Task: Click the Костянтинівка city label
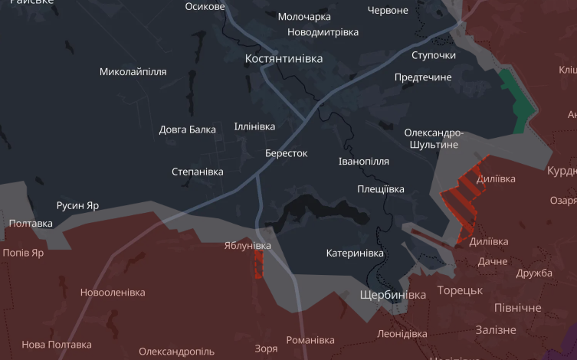(x=284, y=58)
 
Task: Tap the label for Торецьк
(x=460, y=290)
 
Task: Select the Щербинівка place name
(x=392, y=295)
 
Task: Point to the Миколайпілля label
(x=133, y=72)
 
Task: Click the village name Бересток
(x=286, y=153)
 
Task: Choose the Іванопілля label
(x=363, y=162)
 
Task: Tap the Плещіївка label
(x=380, y=188)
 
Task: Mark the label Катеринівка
(x=354, y=253)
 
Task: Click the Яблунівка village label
(x=248, y=245)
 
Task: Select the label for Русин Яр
(x=77, y=205)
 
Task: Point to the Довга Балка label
(x=187, y=129)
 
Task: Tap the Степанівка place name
(x=197, y=171)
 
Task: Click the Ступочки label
(x=433, y=55)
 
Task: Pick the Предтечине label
(x=423, y=77)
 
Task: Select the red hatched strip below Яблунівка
(x=258, y=264)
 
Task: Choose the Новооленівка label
(x=113, y=292)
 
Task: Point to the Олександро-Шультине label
(x=434, y=138)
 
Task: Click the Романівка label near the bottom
(x=310, y=339)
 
